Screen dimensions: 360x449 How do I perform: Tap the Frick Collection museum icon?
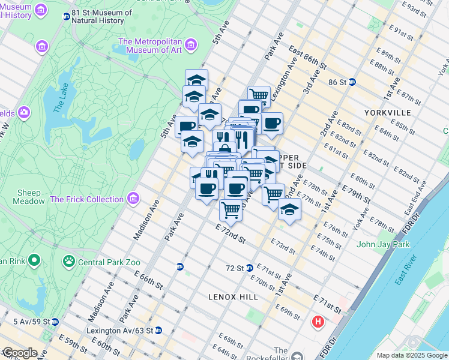(133, 199)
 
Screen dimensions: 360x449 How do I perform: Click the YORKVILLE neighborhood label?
(387, 113)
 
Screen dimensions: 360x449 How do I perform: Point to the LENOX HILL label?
(233, 297)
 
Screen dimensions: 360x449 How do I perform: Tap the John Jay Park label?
(383, 244)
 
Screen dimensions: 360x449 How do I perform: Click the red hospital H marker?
(318, 323)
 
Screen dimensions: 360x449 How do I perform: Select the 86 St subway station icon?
(353, 82)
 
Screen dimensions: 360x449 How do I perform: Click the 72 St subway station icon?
(249, 268)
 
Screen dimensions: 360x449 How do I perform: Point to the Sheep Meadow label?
(29, 197)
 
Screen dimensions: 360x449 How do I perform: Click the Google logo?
(20, 353)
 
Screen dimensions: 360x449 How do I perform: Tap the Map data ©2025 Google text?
(412, 355)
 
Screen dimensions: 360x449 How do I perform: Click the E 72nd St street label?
(231, 235)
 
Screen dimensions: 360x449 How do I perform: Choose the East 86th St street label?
(307, 56)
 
